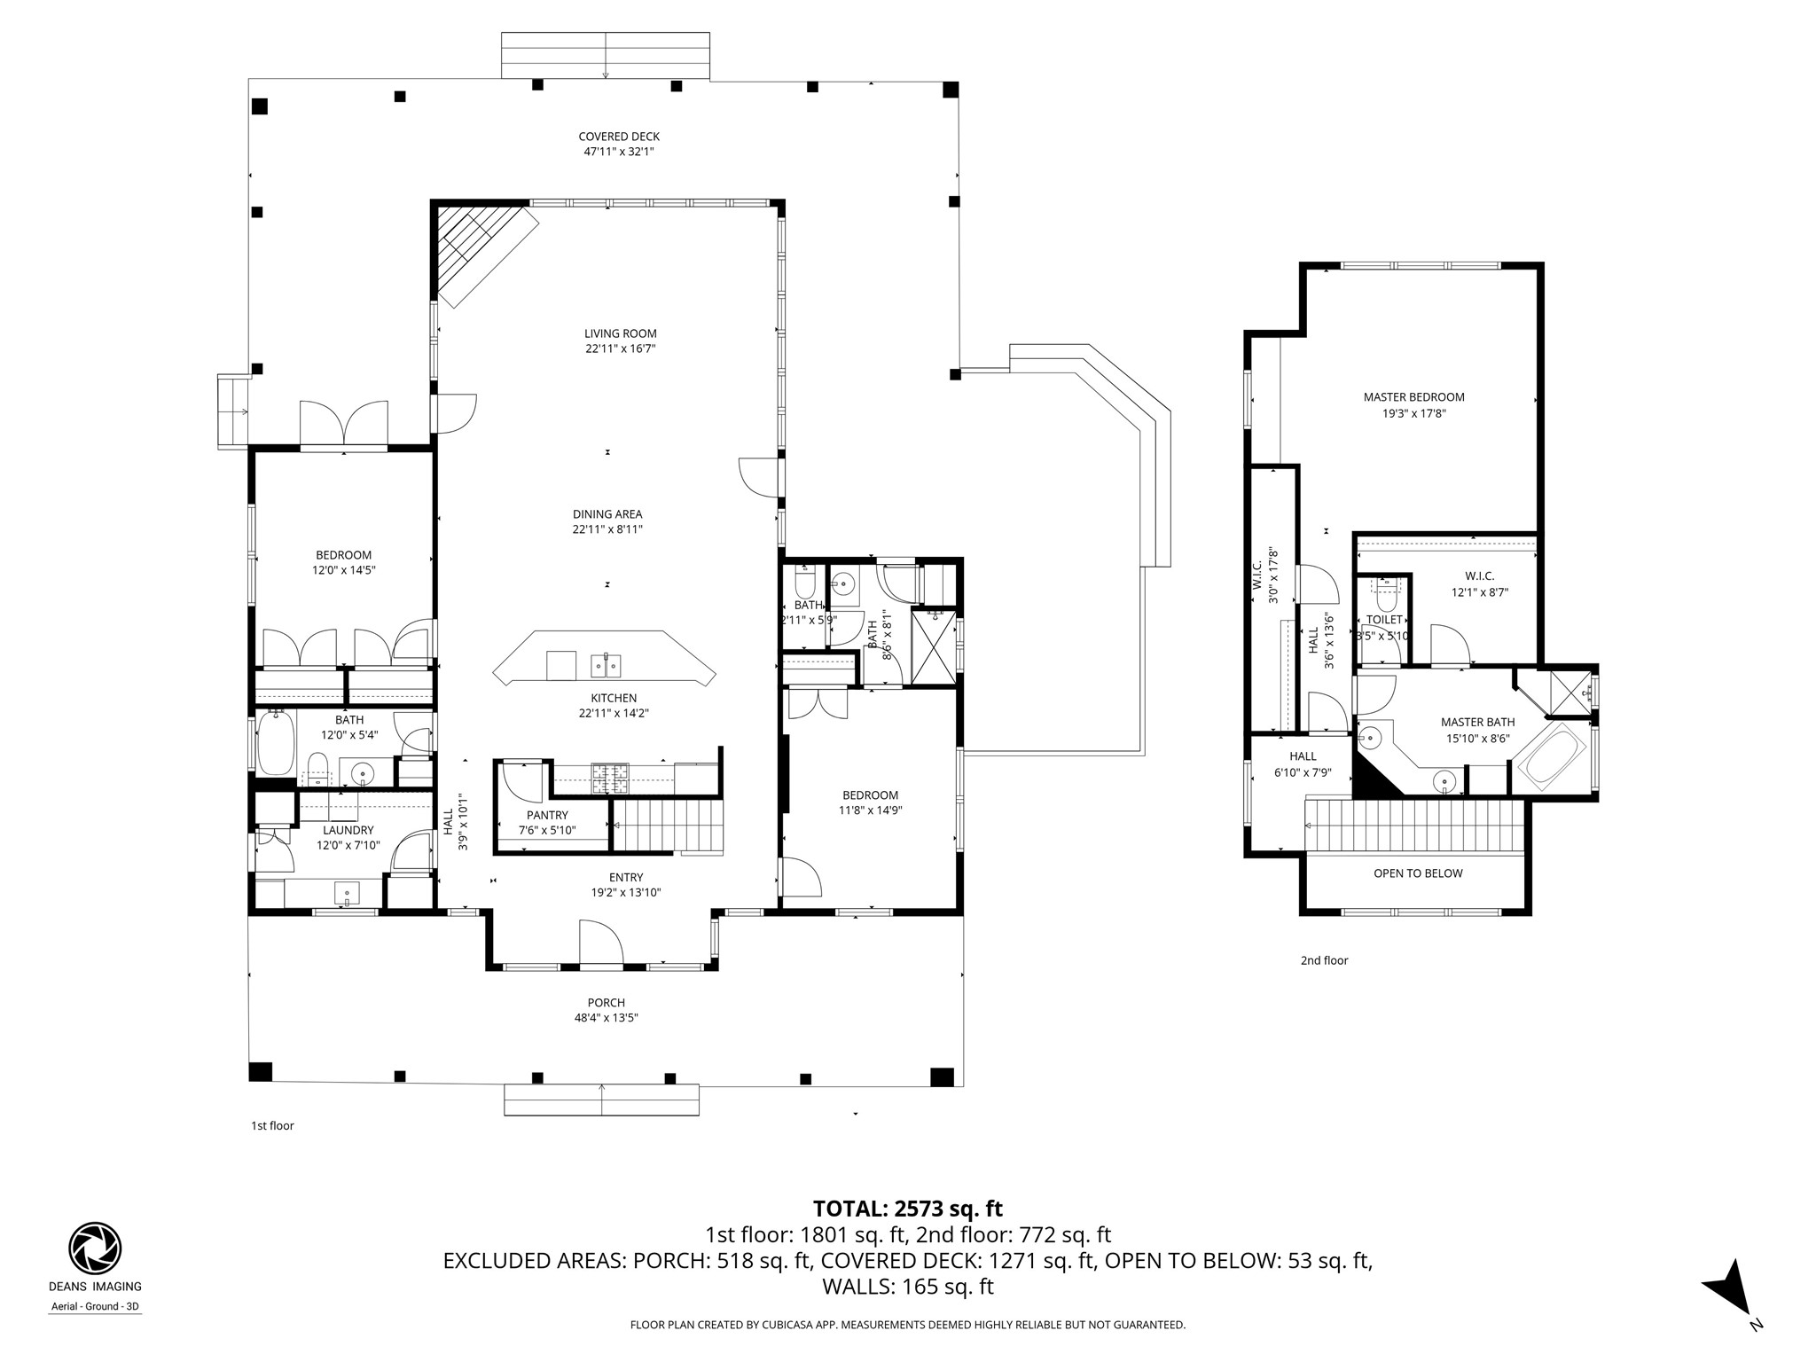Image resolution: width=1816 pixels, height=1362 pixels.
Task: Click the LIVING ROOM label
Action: pyautogui.click(x=620, y=333)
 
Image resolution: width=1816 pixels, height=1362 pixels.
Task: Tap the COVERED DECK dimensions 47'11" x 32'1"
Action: pyautogui.click(x=619, y=152)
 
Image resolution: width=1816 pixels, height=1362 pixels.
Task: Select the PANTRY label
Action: pyautogui.click(x=547, y=815)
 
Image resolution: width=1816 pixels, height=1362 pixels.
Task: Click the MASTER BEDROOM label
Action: pyautogui.click(x=1413, y=397)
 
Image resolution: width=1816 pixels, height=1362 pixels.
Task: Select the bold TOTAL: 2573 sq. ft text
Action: pyautogui.click(x=907, y=1209)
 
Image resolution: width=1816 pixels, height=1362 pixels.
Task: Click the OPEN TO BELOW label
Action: pyautogui.click(x=1418, y=873)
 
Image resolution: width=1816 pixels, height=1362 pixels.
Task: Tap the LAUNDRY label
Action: pyautogui.click(x=348, y=830)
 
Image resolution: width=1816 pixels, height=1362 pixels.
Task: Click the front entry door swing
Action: pyautogui.click(x=599, y=942)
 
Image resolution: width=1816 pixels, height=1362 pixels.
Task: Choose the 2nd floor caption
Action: pyautogui.click(x=1324, y=960)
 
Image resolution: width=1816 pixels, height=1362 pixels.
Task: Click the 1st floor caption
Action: pyautogui.click(x=272, y=1126)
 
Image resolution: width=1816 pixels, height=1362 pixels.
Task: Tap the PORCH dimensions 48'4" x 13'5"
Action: pyautogui.click(x=606, y=1018)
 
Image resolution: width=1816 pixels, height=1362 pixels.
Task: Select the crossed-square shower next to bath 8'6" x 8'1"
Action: pyautogui.click(x=935, y=646)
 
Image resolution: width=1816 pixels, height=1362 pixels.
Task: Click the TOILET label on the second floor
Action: pyautogui.click(x=1384, y=620)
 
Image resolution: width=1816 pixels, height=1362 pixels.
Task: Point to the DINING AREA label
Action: pyautogui.click(x=607, y=513)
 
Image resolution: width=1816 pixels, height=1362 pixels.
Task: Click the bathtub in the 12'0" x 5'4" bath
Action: pyautogui.click(x=276, y=743)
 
